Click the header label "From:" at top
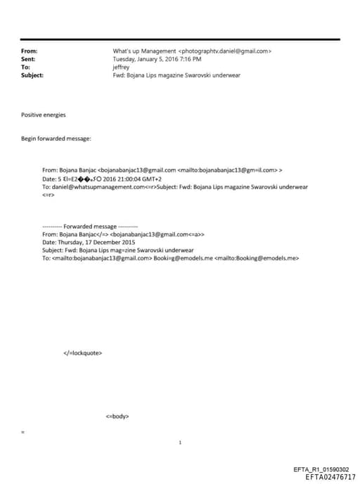30,51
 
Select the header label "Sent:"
29,59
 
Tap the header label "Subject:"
32,75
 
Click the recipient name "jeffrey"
122,67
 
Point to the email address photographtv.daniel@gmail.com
225,51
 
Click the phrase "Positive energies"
42,114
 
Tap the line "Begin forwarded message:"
56,139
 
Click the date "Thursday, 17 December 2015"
94,242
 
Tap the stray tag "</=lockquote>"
82,352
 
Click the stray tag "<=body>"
117,416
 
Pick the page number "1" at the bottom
181,442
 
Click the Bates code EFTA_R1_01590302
320,469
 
